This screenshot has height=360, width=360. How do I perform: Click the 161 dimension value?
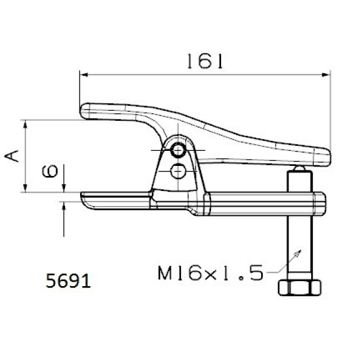pos(205,61)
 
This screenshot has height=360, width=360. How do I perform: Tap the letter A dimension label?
pos(12,156)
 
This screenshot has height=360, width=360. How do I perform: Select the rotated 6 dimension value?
pos(49,172)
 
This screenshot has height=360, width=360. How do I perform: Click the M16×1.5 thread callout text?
pos(210,272)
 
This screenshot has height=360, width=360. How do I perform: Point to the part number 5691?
pos(68,280)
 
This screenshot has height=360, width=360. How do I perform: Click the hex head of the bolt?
pos(300,287)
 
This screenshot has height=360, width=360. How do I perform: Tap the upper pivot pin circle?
pos(178,150)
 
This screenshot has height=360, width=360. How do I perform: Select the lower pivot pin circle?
pos(178,172)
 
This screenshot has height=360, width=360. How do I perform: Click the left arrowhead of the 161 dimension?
pos(84,75)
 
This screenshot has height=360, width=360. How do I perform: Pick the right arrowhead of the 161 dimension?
pos(326,75)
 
